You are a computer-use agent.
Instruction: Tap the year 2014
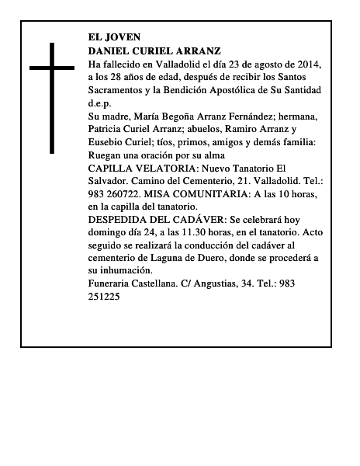304,63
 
